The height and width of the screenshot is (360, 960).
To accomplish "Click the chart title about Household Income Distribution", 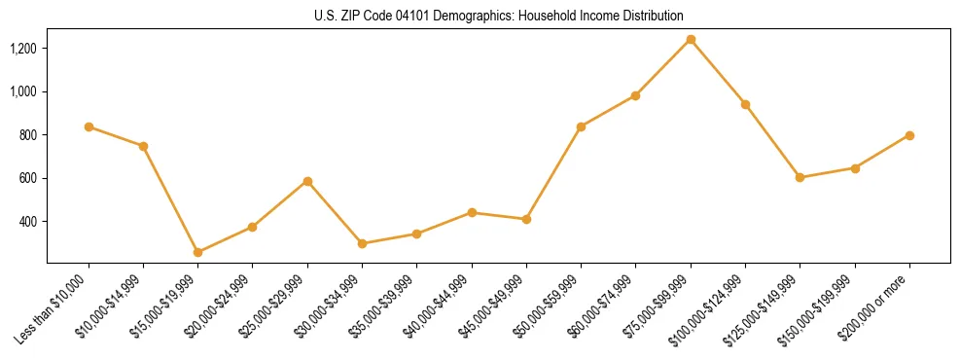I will pos(499,17).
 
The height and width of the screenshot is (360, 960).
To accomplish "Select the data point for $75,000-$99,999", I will pos(691,40).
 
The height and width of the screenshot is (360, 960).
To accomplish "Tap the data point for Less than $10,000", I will pos(89,126).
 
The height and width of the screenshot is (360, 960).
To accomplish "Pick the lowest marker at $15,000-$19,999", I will pos(197,252).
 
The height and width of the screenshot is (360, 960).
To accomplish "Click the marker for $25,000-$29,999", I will pos(307,181).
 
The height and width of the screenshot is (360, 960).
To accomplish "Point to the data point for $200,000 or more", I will pos(909,135).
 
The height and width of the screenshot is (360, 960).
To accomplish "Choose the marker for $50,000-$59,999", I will pos(581,126).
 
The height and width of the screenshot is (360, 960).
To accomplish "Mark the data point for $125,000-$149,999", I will pos(800,177).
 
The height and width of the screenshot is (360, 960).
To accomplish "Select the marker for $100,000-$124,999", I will pos(745,104).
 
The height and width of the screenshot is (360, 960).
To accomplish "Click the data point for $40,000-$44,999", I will pos(472,212).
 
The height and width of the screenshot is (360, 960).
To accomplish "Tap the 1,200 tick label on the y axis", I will pos(22,49).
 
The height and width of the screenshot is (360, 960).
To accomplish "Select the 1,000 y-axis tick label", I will pos(22,91).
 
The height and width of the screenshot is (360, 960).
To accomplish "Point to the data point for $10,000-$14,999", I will pos(143,146).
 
